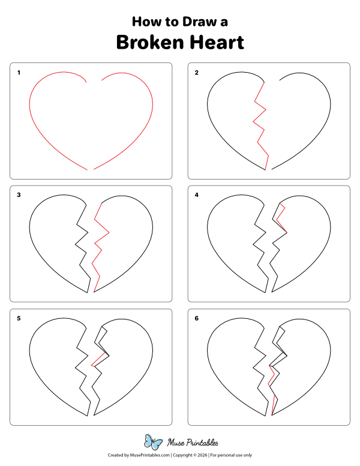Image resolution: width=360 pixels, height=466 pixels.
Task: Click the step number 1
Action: (19, 73)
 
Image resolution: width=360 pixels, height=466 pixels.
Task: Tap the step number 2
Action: (196, 73)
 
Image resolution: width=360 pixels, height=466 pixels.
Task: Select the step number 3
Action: (19, 195)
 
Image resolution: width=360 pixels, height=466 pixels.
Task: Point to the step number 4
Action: (196, 195)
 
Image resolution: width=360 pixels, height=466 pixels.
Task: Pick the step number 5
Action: (19, 318)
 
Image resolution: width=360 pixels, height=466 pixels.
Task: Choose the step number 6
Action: (196, 318)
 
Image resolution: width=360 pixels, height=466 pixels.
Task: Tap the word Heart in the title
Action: (217, 43)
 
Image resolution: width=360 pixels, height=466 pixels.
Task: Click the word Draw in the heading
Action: (196, 22)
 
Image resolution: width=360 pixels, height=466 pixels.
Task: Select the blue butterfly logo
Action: (154, 443)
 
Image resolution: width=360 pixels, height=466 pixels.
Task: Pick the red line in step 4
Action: (282, 219)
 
